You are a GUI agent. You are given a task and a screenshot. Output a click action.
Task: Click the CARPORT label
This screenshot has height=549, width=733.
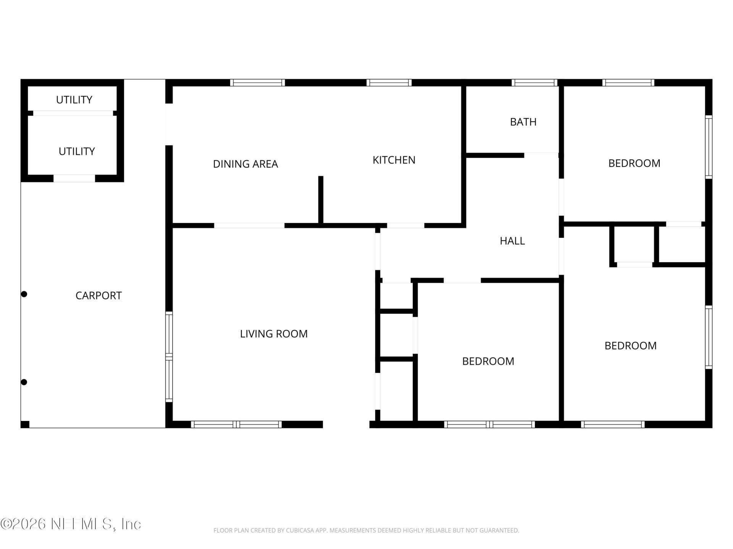click(98, 295)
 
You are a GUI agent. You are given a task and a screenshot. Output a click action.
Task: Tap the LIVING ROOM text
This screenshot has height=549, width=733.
click(274, 334)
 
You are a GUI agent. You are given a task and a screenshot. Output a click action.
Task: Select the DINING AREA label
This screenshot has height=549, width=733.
click(245, 164)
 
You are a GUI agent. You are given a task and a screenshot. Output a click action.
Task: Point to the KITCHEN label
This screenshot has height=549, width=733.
click(394, 160)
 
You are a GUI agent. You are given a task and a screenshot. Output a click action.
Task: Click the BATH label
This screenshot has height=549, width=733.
click(523, 122)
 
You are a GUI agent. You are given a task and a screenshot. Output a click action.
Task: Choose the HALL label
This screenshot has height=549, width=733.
click(512, 241)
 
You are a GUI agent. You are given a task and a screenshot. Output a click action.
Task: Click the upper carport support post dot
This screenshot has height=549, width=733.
click(24, 294)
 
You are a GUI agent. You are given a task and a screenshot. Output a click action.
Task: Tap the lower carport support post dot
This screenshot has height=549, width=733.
click(24, 382)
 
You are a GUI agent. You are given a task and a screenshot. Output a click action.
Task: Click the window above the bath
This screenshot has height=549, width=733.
click(534, 82)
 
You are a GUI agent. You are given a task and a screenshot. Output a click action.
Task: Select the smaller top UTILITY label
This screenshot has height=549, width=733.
click(74, 100)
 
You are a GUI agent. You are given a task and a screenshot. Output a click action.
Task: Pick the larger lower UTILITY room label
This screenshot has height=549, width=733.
click(77, 151)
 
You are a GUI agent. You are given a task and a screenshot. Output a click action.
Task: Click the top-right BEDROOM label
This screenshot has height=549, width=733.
click(634, 163)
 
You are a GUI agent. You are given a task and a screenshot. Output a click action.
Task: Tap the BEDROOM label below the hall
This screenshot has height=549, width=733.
click(488, 361)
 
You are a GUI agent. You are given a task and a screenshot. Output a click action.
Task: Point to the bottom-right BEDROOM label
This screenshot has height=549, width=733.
click(631, 345)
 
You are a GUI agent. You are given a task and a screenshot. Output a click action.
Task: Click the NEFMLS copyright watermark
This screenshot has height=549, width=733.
click(71, 524)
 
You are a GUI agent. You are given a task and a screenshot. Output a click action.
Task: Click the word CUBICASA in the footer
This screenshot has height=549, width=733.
click(299, 530)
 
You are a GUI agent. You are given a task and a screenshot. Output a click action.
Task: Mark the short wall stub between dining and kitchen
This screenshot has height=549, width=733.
click(321, 200)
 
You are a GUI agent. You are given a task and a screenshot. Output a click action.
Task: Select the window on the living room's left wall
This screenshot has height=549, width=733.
click(169, 357)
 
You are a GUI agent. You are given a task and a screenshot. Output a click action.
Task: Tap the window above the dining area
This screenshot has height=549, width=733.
click(257, 82)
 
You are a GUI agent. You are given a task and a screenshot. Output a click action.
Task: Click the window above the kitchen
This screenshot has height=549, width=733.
click(389, 82)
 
